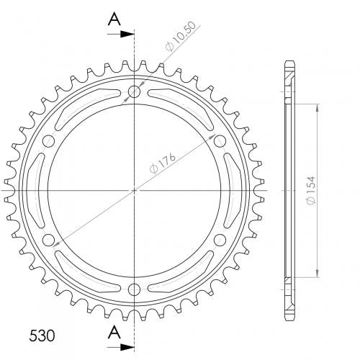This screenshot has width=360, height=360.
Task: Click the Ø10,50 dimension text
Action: tap(181, 36)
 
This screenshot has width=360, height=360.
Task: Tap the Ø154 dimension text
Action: tap(311, 191)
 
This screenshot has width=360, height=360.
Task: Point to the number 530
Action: tap(42, 336)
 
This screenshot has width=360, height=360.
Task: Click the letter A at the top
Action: tap(114, 19)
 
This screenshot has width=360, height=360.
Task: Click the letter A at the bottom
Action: tap(114, 332)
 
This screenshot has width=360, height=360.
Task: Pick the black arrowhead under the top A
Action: tap(127, 35)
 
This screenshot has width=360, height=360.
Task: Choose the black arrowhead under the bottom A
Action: tap(127, 347)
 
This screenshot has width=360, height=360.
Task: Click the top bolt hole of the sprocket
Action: tap(134, 91)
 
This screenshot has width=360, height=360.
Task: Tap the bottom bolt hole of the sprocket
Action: tap(134, 289)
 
